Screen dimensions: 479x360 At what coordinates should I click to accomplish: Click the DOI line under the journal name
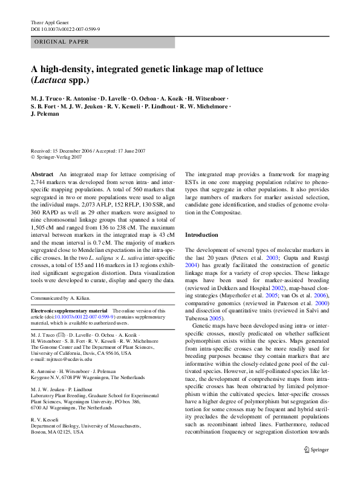(65, 29)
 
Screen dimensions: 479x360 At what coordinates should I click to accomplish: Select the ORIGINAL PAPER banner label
(62, 42)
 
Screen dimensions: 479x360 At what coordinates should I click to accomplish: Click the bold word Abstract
(42, 174)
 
